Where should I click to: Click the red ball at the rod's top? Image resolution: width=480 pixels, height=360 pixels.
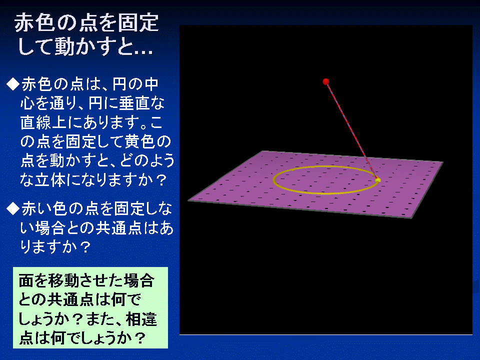326,81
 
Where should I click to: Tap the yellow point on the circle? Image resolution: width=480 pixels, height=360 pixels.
378,180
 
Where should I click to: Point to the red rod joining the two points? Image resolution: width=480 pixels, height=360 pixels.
352,130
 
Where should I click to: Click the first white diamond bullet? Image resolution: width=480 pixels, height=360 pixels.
13,84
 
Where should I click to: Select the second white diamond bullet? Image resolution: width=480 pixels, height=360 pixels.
13,209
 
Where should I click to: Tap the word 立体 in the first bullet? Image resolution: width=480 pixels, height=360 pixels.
50,179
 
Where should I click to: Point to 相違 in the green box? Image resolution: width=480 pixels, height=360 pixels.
141,319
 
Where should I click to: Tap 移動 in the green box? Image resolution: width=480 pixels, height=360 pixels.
63,280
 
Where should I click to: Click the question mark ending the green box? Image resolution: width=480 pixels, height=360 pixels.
140,338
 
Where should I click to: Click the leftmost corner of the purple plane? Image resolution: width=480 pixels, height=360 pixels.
188,200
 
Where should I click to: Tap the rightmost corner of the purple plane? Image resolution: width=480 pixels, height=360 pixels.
443,161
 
